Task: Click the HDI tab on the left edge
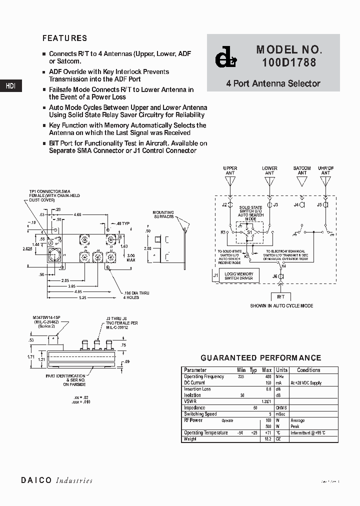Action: click(10, 85)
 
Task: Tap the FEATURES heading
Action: click(64, 38)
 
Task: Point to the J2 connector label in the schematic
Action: click(224, 205)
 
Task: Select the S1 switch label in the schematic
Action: click(249, 232)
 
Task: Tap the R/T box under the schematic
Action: click(280, 296)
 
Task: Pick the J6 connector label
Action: click(274, 276)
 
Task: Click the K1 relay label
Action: click(223, 232)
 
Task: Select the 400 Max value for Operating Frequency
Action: click(267, 376)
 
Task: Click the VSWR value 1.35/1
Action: click(265, 401)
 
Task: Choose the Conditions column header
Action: click(308, 370)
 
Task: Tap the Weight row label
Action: click(190, 439)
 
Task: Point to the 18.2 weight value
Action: click(267, 439)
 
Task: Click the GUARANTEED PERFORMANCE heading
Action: click(260, 358)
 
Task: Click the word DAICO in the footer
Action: click(36, 480)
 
